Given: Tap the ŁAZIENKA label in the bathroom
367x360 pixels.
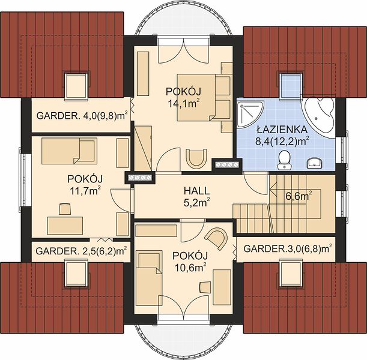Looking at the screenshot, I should [282, 130].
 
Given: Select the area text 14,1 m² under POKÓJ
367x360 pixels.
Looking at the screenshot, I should [184, 103].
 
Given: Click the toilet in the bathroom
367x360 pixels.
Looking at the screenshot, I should [284, 158].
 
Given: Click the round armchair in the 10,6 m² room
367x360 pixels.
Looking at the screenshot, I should [217, 238].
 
